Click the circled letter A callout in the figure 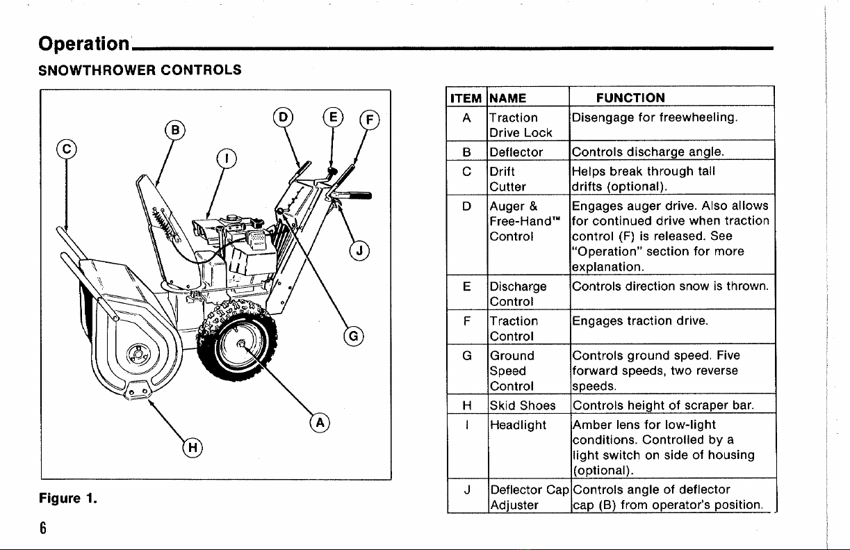pyautogui.click(x=320, y=423)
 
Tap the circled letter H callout pyautogui.click(x=189, y=447)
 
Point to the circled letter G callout pyautogui.click(x=354, y=338)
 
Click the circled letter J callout pyautogui.click(x=359, y=251)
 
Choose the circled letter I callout pyautogui.click(x=225, y=159)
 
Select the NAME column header pyautogui.click(x=507, y=98)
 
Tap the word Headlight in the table pyautogui.click(x=518, y=425)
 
